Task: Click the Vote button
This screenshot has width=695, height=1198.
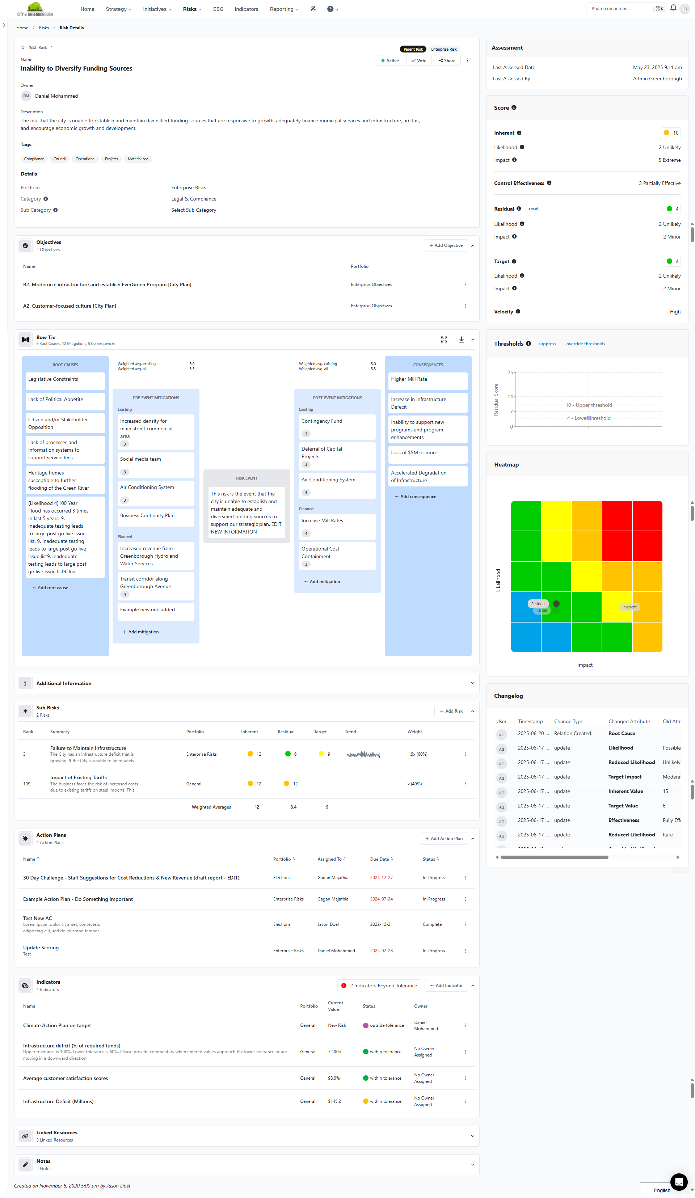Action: pos(419,61)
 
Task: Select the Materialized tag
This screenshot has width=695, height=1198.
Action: pos(138,159)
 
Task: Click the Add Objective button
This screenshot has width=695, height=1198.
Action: pos(446,246)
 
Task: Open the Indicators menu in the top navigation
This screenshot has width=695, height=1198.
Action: pos(246,9)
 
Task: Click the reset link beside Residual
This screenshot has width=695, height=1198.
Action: pos(533,209)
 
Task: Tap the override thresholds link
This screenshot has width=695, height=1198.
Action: pos(585,344)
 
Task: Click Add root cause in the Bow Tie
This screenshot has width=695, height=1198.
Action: pos(50,588)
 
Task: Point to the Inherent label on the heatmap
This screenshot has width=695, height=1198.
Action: pos(629,607)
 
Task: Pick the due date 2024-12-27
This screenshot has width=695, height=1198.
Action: pos(381,878)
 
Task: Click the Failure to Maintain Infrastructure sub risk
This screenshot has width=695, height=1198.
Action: pos(88,748)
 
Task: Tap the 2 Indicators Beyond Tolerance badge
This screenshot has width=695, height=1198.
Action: pos(379,986)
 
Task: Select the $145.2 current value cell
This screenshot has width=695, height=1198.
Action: pos(334,1101)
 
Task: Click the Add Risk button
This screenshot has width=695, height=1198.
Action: pos(451,711)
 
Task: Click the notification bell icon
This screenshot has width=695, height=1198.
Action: pos(673,8)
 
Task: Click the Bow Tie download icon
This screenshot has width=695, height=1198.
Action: pos(461,340)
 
